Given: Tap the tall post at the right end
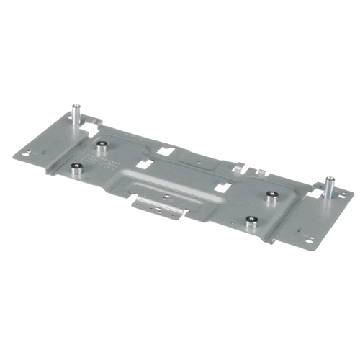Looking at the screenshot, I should tap(329, 186).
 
